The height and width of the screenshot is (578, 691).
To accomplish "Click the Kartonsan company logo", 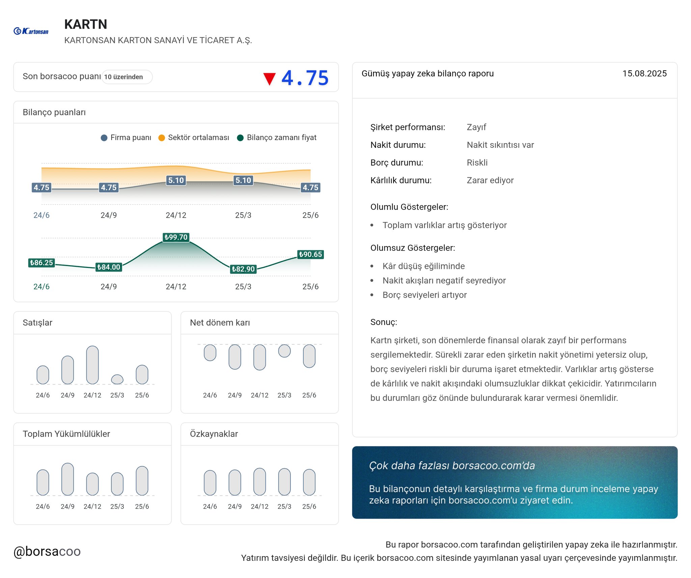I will click(x=31, y=31).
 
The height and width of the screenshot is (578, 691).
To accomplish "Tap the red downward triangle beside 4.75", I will click(x=269, y=79).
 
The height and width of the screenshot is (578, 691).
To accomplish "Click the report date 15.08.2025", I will click(x=644, y=74).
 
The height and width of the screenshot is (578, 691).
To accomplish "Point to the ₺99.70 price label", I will click(x=176, y=237).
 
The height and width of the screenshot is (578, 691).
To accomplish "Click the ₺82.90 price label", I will click(x=243, y=269).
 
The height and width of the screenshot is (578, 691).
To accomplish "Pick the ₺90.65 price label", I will click(x=310, y=254).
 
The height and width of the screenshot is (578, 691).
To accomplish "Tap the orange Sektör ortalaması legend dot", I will click(x=162, y=138).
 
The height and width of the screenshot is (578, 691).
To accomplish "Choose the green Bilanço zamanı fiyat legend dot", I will click(x=240, y=138).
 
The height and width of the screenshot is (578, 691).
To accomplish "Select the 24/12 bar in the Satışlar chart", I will click(x=92, y=365).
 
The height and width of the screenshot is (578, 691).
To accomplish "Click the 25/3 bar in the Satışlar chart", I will click(x=117, y=379).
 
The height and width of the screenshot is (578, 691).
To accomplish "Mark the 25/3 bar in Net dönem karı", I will click(x=284, y=351).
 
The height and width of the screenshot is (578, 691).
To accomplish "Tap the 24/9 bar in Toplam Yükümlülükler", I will click(x=67, y=479).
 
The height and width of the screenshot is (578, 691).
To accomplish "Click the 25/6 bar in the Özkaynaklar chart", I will click(x=309, y=482).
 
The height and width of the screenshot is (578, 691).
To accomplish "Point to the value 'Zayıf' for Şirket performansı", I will click(x=476, y=127).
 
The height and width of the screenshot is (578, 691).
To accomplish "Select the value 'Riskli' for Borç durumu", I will click(x=477, y=163).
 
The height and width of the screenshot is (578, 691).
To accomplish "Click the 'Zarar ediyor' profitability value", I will click(x=490, y=180).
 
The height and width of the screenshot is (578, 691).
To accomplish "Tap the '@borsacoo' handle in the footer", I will click(x=47, y=551).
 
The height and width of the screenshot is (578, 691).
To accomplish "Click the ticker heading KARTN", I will click(x=86, y=24).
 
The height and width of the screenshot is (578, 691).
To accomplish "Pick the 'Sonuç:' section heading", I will click(x=384, y=322).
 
